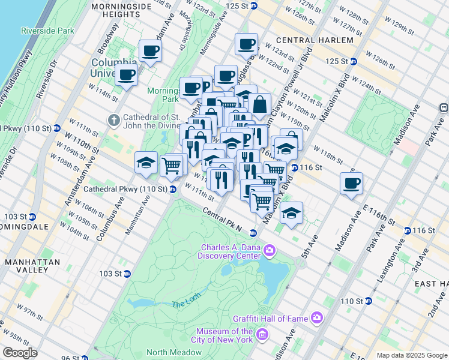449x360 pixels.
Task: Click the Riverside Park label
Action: [47, 30]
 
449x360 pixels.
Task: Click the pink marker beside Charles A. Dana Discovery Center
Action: [270, 250]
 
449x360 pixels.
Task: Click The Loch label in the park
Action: [184, 304]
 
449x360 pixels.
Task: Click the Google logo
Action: [20, 353]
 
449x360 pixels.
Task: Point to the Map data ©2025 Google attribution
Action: [411, 355]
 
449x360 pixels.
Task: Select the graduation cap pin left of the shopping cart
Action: [146, 163]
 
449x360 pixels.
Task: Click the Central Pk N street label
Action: [221, 222]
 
